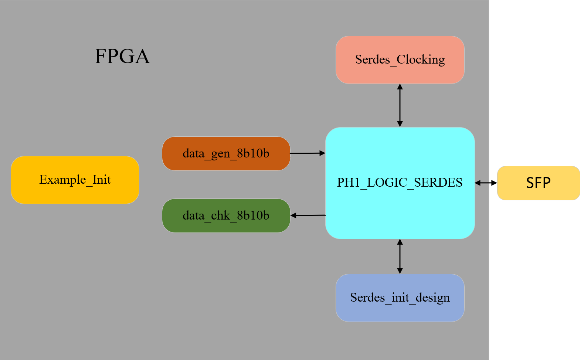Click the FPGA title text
click(x=122, y=56)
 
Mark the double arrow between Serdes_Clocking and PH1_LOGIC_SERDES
click(x=400, y=105)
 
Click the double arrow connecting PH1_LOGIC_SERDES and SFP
click(x=486, y=183)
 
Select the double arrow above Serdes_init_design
click(x=400, y=256)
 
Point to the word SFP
click(x=538, y=183)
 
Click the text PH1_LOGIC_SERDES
click(x=400, y=182)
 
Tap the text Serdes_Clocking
click(x=400, y=60)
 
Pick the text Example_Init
click(x=75, y=180)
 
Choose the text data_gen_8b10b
click(x=226, y=153)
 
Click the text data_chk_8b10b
click(x=226, y=215)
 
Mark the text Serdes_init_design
click(x=400, y=298)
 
